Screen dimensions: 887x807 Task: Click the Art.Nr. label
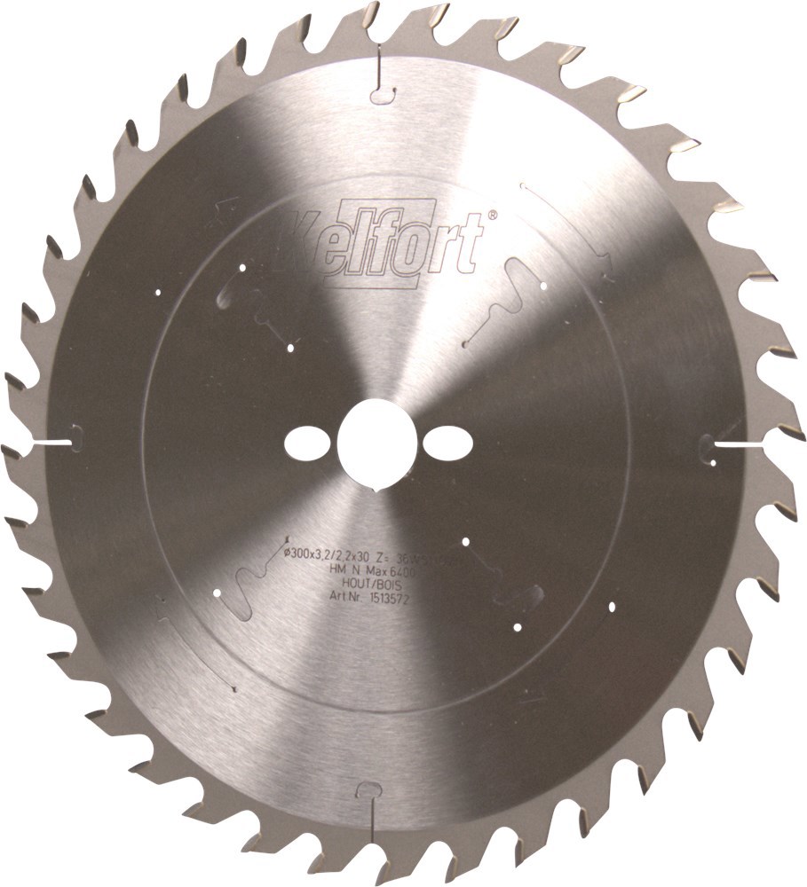[x=342, y=600]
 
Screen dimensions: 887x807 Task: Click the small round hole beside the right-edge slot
[x=715, y=461]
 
